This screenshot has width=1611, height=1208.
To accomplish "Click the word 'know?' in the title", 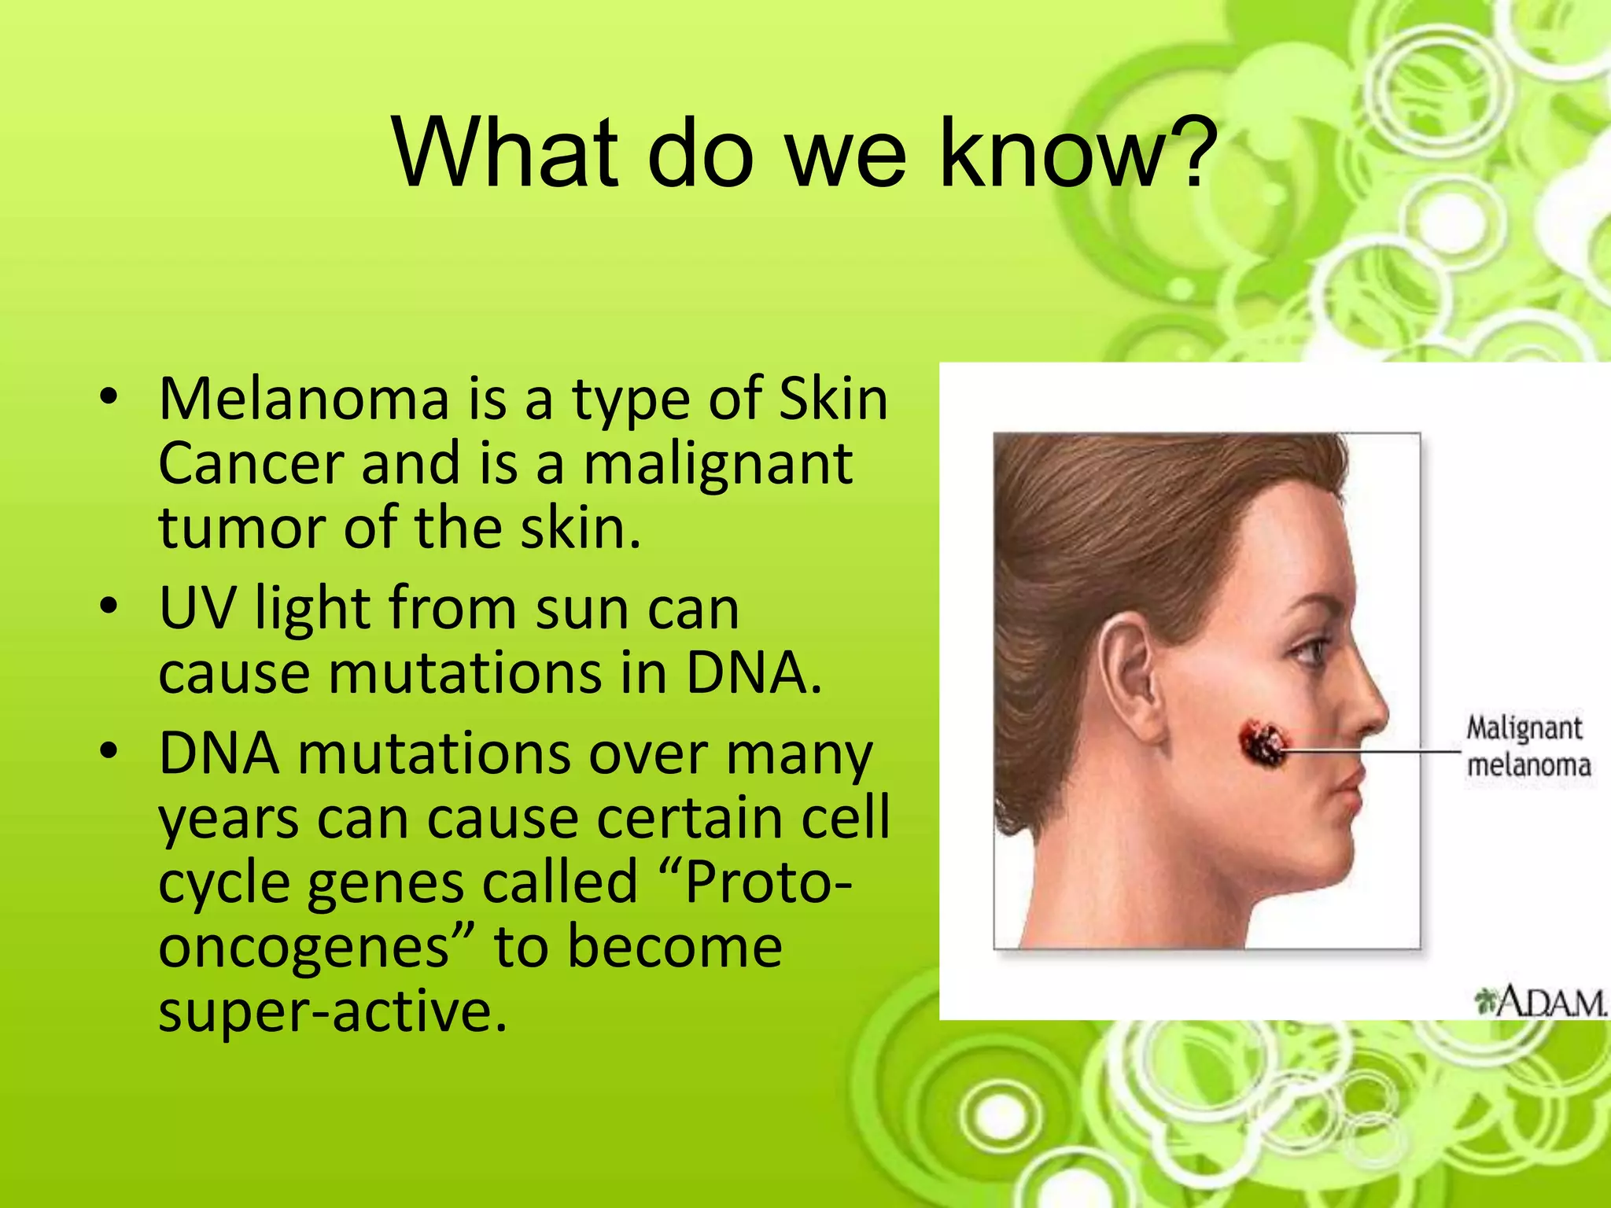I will pyautogui.click(x=1079, y=153).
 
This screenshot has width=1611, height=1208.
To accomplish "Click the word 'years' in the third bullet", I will pyautogui.click(x=229, y=819).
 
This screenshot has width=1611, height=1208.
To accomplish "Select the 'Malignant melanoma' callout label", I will pyautogui.click(x=1526, y=746).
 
